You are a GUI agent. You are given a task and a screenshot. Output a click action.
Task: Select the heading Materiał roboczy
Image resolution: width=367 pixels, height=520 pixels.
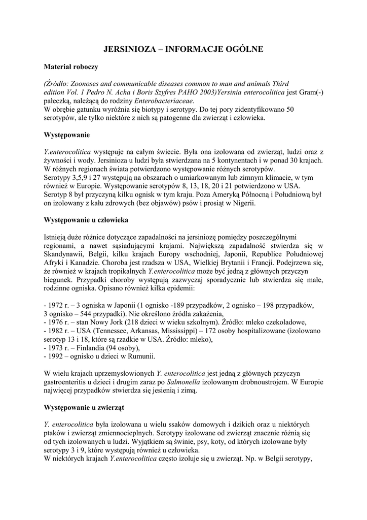point(71,67)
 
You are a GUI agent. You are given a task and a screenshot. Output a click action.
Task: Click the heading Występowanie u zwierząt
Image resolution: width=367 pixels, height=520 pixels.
point(84,407)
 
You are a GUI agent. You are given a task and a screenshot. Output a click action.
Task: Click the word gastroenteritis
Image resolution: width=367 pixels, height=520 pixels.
point(67,382)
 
